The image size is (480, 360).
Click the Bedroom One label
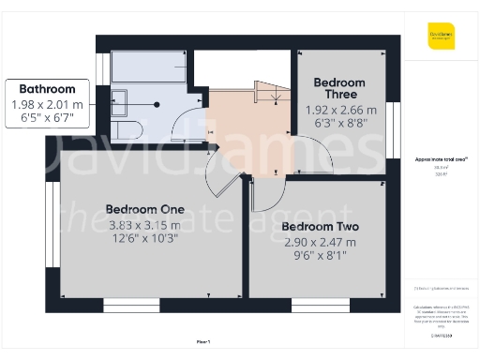[x=144, y=208]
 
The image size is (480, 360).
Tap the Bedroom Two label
[x=320, y=227]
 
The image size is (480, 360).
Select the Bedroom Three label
[x=339, y=89]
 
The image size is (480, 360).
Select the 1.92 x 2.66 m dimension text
[x=339, y=109]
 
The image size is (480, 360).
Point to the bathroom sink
[x=122, y=97]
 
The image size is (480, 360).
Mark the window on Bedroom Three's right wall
[x=395, y=123]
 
